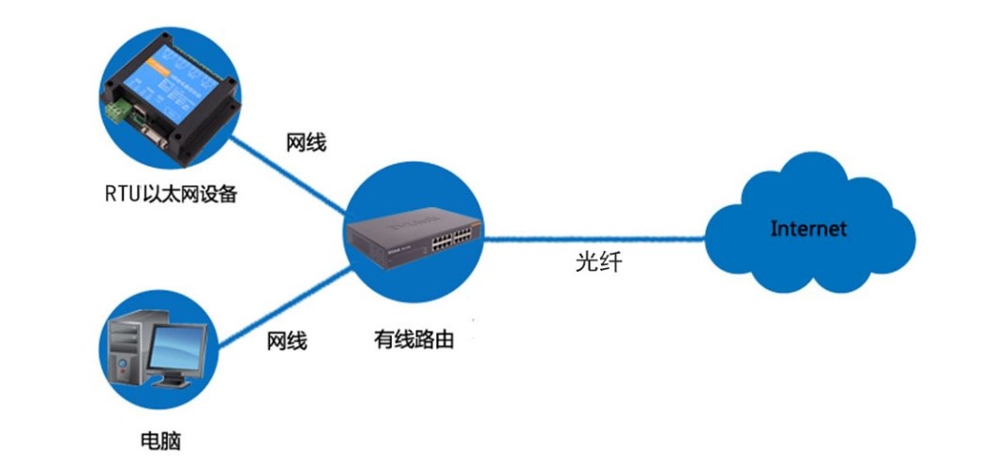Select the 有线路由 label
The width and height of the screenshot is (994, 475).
click(x=414, y=340)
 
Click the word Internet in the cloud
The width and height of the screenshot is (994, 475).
click(x=807, y=229)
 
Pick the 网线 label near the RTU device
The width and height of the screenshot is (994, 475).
click(x=306, y=144)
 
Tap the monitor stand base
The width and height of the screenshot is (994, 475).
click(x=173, y=382)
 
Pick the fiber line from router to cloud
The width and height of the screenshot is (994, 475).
click(x=600, y=239)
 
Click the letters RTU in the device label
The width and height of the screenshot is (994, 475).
click(x=120, y=195)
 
